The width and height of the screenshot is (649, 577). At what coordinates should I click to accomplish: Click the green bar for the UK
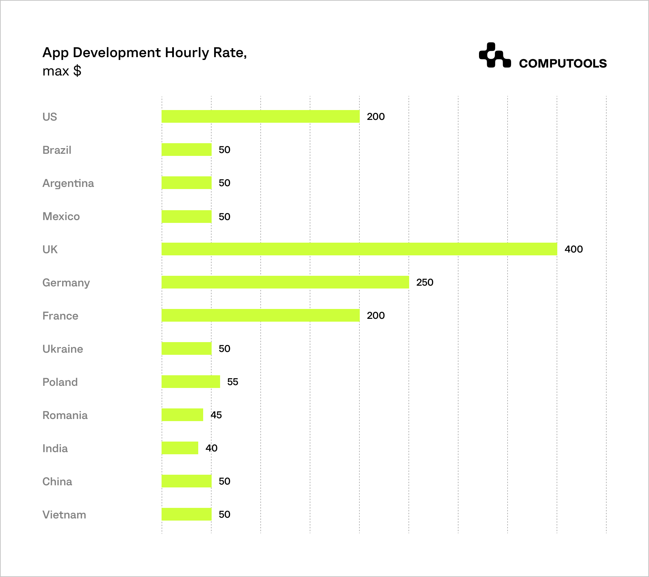(359, 249)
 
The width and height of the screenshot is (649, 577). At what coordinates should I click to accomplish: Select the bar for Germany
(285, 282)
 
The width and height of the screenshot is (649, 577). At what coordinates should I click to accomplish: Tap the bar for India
(180, 448)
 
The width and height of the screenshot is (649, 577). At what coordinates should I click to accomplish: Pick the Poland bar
(191, 382)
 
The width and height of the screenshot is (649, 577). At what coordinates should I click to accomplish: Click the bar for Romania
(182, 415)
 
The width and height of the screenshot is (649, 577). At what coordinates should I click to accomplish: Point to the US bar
(260, 116)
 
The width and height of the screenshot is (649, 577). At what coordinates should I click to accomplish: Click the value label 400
(574, 249)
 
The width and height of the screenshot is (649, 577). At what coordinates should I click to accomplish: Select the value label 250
(425, 283)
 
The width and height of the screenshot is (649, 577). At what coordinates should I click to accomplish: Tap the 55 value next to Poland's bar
(233, 382)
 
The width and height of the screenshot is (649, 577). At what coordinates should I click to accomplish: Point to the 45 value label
(216, 415)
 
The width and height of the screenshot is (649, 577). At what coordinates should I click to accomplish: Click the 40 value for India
(212, 448)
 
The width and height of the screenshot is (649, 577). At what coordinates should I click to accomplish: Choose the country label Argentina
(68, 183)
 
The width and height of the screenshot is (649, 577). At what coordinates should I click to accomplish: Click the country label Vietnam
(64, 515)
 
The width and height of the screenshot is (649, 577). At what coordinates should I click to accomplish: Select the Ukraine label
(63, 349)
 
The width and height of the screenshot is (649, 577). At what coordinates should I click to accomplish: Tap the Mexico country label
(61, 217)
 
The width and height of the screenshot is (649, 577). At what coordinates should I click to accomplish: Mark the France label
(60, 316)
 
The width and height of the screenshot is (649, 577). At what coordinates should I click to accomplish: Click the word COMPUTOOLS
(563, 63)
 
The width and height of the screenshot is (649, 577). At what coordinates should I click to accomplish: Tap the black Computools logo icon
(495, 55)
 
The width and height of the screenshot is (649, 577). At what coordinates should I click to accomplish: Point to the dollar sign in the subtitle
(77, 71)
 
